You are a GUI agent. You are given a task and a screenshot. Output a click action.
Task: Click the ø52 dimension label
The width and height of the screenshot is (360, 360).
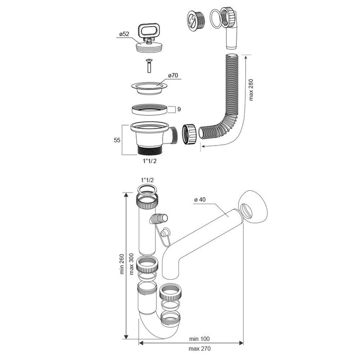click(x=125, y=34)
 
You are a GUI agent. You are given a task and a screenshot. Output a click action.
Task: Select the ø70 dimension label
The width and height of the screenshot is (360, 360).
click(x=172, y=76)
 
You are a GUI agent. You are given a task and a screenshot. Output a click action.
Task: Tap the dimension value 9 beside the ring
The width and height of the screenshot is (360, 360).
click(x=178, y=109)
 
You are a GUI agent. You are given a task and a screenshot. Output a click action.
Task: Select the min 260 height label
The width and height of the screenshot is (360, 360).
click(x=122, y=264)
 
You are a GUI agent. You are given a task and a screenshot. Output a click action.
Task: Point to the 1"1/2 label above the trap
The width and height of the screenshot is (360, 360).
click(x=146, y=178)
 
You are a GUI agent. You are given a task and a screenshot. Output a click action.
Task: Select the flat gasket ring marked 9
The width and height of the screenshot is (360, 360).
click(x=150, y=109)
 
